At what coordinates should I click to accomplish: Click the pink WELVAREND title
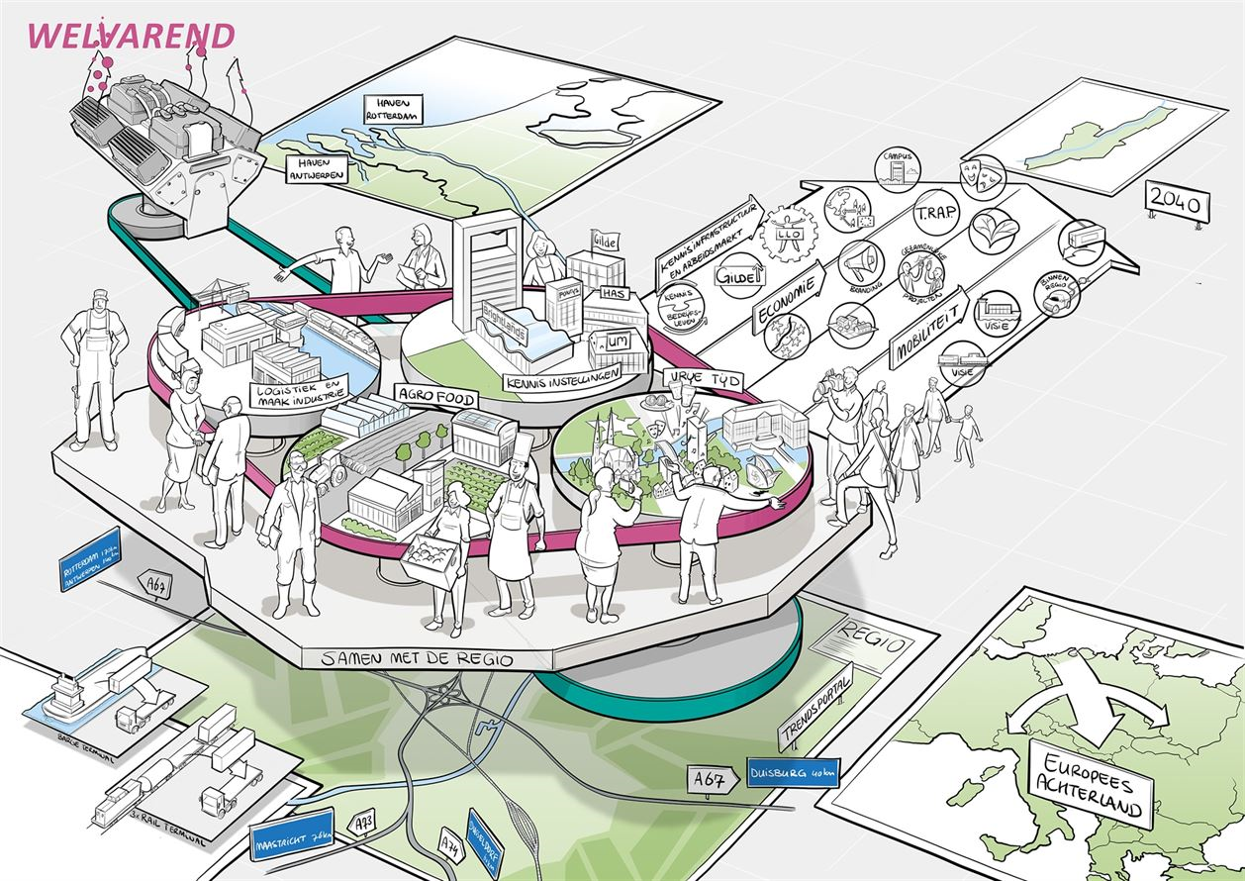131,36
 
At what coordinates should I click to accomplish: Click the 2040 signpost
1177,205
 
